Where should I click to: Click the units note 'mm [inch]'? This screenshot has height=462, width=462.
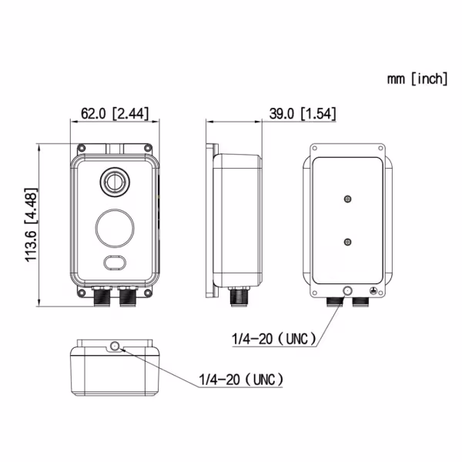pyautogui.click(x=415, y=79)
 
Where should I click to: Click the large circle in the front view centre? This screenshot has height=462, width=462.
pyautogui.click(x=115, y=227)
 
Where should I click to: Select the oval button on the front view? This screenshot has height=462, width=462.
pyautogui.click(x=115, y=263)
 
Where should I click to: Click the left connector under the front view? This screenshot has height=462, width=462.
pyautogui.click(x=100, y=296)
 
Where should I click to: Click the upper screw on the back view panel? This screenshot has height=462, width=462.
pyautogui.click(x=348, y=199)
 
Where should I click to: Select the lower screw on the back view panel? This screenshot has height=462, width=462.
pyautogui.click(x=348, y=243)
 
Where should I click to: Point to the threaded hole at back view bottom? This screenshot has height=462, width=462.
pyautogui.click(x=348, y=291)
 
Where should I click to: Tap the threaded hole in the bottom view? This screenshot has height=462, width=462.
pyautogui.click(x=115, y=346)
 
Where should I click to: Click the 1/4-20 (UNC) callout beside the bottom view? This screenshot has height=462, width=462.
pyautogui.click(x=241, y=380)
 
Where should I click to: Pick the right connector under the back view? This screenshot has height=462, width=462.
pyautogui.click(x=360, y=301)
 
